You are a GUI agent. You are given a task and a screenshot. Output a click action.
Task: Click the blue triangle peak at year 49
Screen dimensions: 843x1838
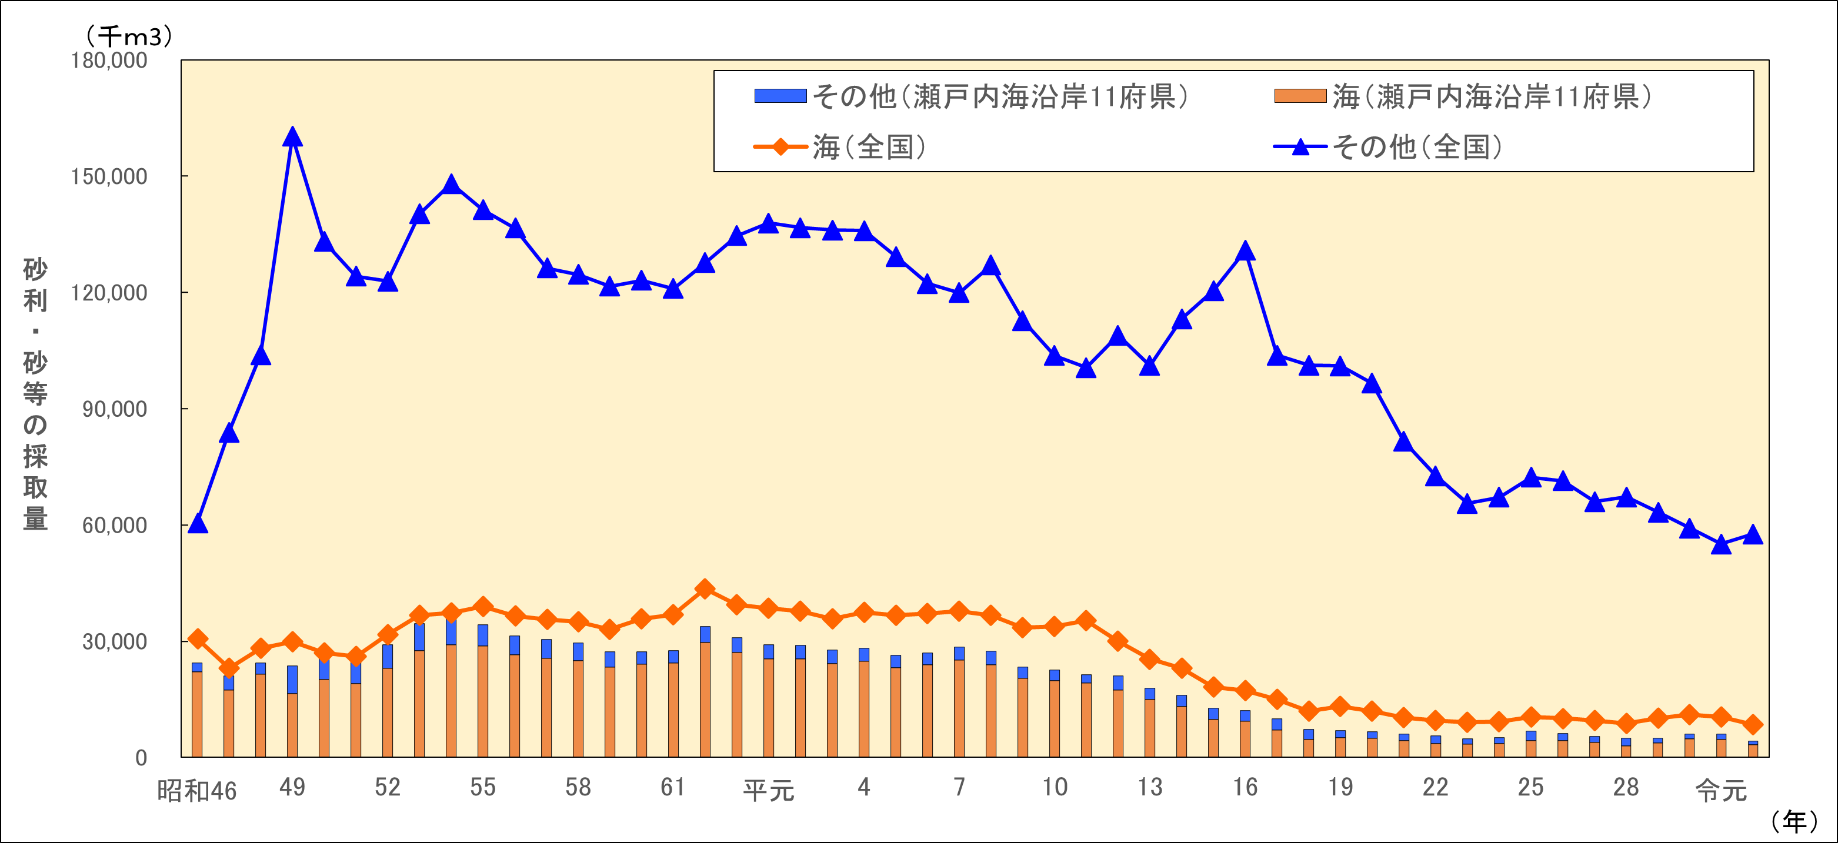[x=292, y=136]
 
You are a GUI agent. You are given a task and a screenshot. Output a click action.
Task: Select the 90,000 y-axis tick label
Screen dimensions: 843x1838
[x=114, y=409]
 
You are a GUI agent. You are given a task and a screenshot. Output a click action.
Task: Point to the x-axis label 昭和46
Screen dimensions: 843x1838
[x=197, y=790]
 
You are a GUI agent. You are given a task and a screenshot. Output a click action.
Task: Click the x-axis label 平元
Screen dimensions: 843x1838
[x=769, y=790]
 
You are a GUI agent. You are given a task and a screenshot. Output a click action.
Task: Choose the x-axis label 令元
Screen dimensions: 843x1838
[x=1721, y=790]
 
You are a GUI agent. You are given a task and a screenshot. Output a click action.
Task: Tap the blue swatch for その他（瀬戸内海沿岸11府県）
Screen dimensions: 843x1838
[x=780, y=96]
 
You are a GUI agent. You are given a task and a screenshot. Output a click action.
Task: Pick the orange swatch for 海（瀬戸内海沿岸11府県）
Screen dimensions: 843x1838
[x=1300, y=96]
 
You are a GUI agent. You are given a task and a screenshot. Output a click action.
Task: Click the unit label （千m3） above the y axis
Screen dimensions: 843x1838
[x=128, y=36]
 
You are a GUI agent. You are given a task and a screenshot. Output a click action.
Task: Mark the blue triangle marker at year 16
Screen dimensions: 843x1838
[x=1245, y=251]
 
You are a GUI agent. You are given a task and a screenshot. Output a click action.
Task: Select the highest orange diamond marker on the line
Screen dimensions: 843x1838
[x=705, y=589]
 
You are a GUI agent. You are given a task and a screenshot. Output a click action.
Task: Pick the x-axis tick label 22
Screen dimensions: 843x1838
[x=1435, y=787]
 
